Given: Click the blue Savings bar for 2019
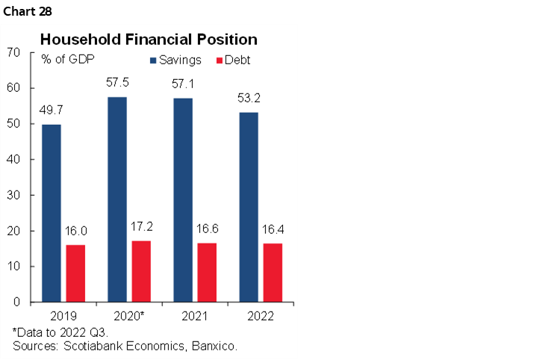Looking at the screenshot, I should click(x=51, y=213).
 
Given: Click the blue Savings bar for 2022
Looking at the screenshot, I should click(x=249, y=207).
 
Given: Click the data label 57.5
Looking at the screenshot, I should click(x=117, y=81).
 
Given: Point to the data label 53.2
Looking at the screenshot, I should click(x=249, y=96).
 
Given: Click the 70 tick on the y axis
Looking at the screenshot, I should click(x=13, y=52).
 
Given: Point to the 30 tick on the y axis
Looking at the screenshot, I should click(x=13, y=195).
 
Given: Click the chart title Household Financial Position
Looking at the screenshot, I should click(x=149, y=39).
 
